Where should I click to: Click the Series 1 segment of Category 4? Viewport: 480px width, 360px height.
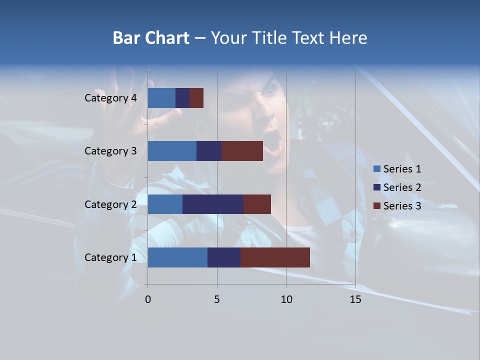pos(161,98)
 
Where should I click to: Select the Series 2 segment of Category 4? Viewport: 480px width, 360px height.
pos(182,98)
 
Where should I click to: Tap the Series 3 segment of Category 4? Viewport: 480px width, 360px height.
pos(196,98)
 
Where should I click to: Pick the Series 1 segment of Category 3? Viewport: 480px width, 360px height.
pos(172,151)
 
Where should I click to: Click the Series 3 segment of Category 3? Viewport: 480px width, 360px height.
pos(242,151)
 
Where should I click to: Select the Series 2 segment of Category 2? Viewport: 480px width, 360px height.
pos(213,204)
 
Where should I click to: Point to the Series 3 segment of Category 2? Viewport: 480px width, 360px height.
pos(257,204)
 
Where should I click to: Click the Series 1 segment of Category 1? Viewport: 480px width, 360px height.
pos(177,257)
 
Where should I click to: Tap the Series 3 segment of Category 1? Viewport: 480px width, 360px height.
pos(275,257)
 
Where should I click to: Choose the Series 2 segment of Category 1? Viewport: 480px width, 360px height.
pos(224,257)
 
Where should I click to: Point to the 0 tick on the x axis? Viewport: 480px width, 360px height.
pos(148,299)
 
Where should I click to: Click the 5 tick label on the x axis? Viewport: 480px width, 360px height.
pos(217,299)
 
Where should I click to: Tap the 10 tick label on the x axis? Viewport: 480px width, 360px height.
pos(286,299)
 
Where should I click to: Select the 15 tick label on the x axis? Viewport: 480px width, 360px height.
pos(355,299)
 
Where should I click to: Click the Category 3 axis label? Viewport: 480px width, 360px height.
pos(110,151)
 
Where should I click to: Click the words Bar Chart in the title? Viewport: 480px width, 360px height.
pos(151,38)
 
